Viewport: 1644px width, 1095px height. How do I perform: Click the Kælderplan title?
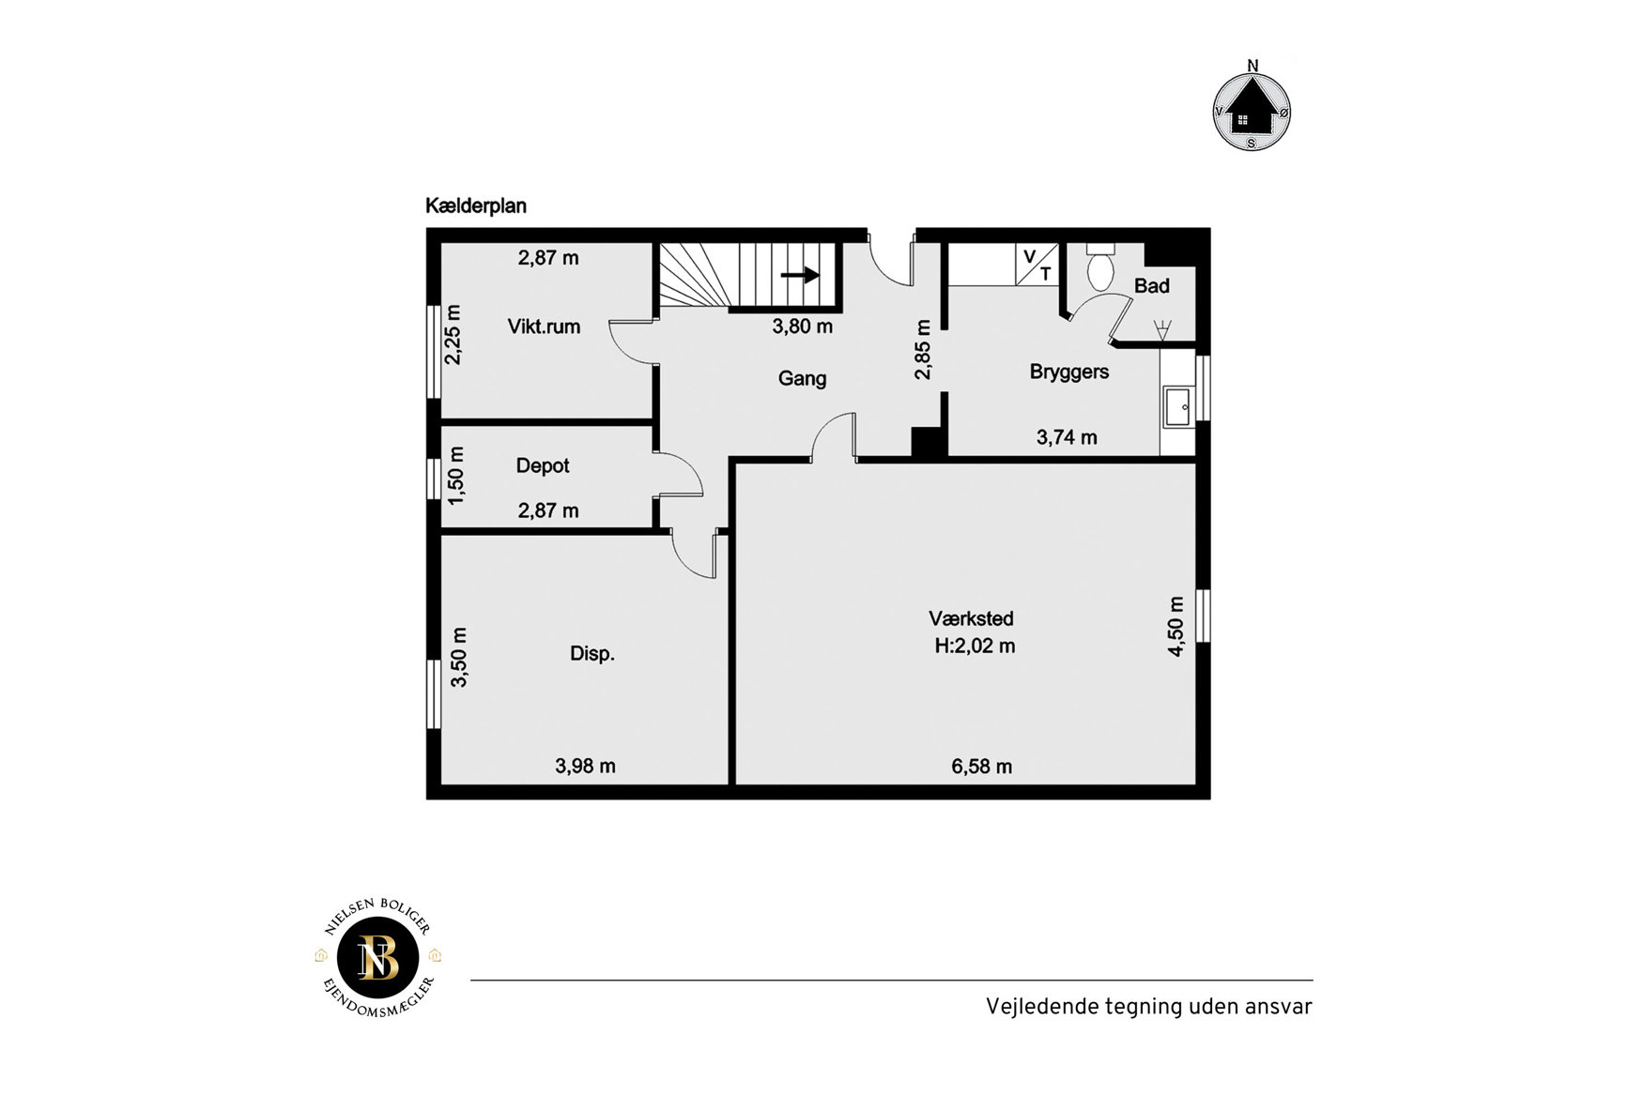point(476,206)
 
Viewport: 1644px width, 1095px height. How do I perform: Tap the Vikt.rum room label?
point(544,327)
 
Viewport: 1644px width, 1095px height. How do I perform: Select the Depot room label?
point(543,465)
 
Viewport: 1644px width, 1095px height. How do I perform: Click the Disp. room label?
point(592,654)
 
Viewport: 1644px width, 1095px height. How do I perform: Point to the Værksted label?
point(972,618)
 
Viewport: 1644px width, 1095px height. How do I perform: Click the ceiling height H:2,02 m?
point(975,646)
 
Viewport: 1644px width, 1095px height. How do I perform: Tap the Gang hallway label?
point(802,378)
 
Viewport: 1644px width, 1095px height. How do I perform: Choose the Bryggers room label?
point(1069,372)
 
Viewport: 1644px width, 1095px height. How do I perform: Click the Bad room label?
point(1152,286)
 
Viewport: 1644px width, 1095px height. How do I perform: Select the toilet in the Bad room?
point(1100,266)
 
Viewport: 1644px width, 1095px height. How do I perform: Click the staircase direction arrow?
point(800,275)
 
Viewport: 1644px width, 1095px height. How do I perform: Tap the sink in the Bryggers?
point(1177,407)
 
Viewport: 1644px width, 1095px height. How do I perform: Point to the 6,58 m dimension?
point(982,767)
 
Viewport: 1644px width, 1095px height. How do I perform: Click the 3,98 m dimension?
point(586,767)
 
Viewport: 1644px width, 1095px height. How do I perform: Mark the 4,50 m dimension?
point(1175,626)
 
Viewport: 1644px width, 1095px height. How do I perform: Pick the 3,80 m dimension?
point(803,327)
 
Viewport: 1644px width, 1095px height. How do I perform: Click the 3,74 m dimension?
point(1067,437)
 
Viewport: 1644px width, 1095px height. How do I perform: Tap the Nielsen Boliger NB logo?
point(378,958)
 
